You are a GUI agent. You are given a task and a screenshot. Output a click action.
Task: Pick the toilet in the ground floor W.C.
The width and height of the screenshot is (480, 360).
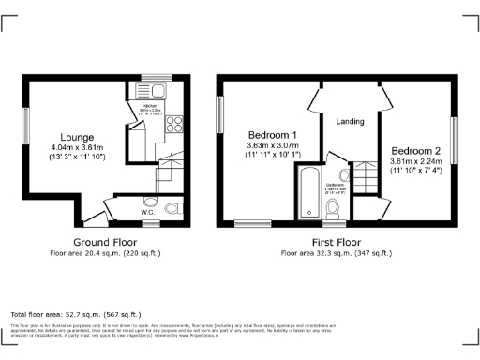(x=170, y=207)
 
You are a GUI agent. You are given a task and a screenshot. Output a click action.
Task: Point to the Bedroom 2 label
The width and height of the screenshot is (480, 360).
(x=416, y=151)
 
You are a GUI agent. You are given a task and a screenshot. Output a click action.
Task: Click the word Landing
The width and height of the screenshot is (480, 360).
(x=350, y=121)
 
